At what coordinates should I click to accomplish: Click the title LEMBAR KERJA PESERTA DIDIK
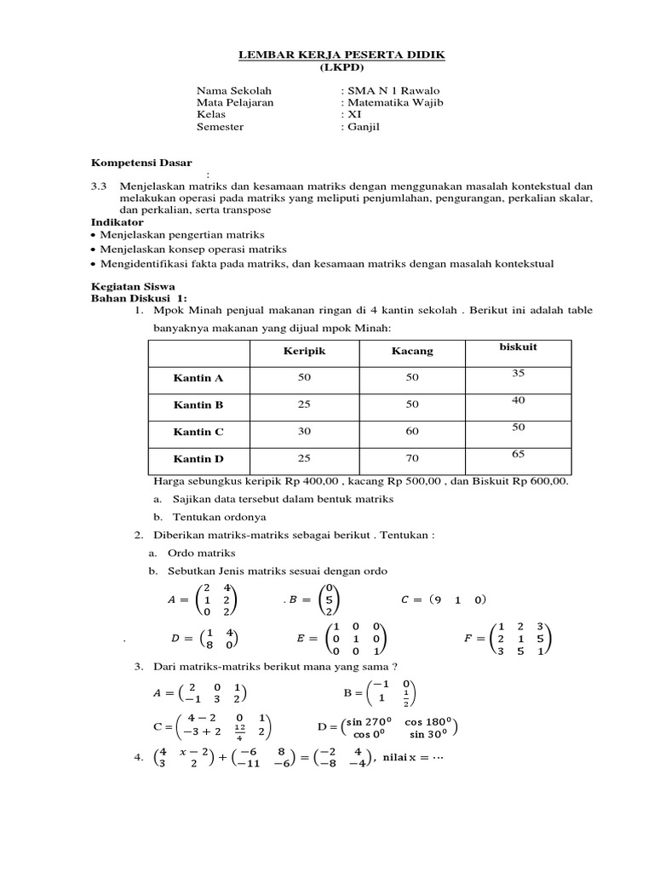tap(340, 55)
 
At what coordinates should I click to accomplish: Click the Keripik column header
tap(304, 351)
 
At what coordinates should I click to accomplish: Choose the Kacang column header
tap(412, 351)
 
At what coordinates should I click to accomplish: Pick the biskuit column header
tap(519, 347)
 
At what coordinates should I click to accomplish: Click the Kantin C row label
tap(198, 432)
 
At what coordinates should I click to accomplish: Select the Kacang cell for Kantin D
tap(412, 459)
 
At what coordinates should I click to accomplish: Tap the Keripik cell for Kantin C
tap(304, 432)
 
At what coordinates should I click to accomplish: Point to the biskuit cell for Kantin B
tap(519, 400)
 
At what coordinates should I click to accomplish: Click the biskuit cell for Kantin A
tap(519, 373)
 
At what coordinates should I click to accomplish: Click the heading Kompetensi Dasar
tap(141, 162)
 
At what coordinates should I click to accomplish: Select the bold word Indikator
tap(117, 221)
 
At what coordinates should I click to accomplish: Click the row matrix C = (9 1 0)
tap(443, 599)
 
